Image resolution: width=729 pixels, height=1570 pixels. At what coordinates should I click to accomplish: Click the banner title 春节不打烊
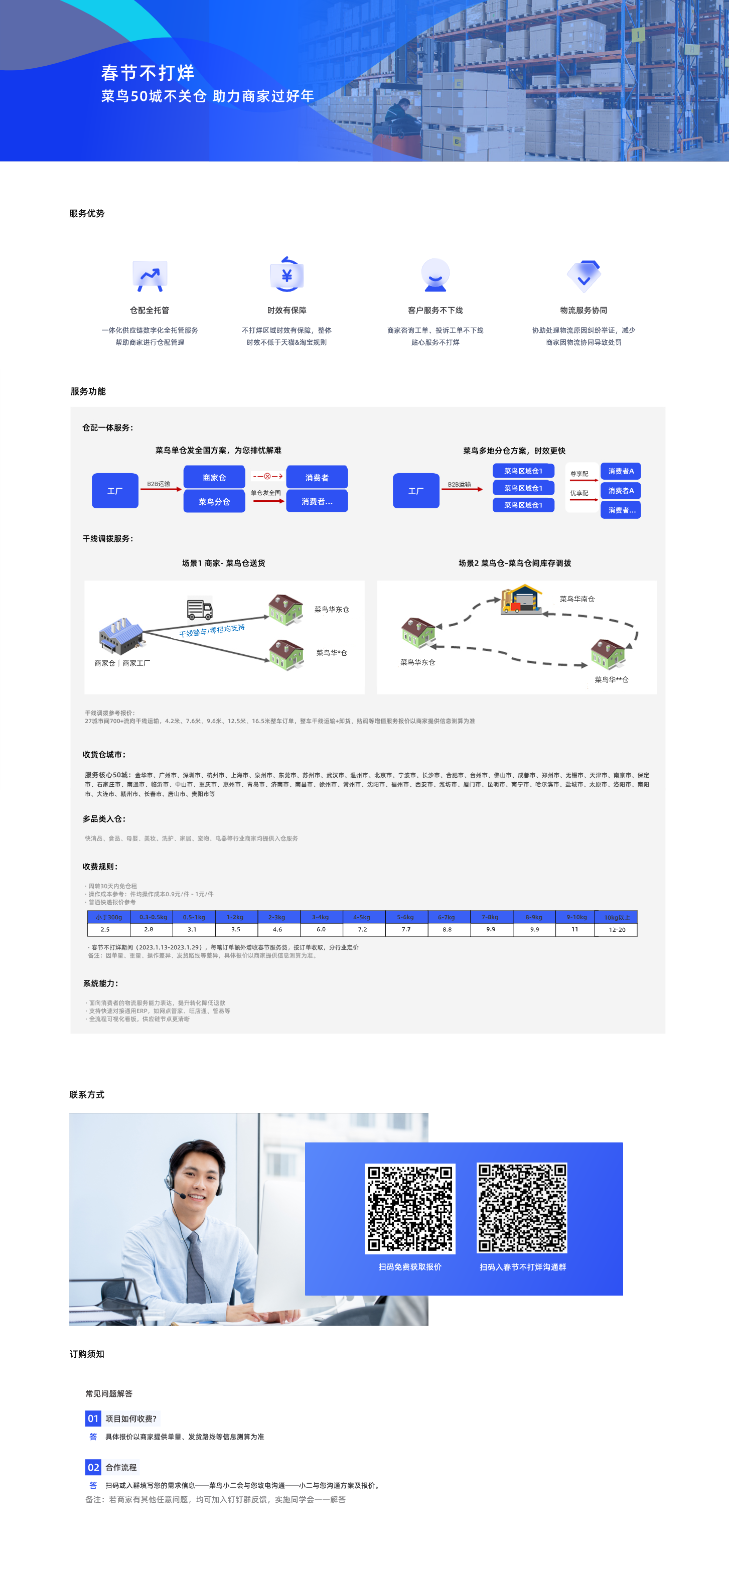[x=148, y=73]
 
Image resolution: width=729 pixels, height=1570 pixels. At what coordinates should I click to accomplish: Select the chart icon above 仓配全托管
[x=150, y=276]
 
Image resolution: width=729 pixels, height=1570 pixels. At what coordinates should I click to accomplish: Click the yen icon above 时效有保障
[x=286, y=275]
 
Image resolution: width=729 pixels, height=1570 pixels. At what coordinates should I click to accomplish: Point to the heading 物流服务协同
[x=584, y=310]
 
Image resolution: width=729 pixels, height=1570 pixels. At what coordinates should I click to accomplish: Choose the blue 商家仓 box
[x=214, y=477]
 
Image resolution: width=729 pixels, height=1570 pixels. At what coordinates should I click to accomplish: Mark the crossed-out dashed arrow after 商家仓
[x=267, y=476]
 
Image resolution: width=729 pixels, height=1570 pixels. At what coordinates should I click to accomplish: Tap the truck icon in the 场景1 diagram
[x=200, y=608]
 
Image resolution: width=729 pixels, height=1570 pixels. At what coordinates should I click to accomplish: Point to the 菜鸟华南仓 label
[x=576, y=599]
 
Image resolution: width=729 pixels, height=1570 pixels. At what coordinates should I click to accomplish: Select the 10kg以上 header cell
[x=616, y=917]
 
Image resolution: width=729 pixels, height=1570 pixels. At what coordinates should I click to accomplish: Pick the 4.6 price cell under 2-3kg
[x=277, y=929]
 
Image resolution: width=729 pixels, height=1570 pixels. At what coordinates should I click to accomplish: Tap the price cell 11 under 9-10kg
[x=574, y=929]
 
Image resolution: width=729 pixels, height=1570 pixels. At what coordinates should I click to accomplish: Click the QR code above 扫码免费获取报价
[x=409, y=1208]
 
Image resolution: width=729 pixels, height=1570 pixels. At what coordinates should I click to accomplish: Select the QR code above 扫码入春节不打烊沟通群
[x=522, y=1207]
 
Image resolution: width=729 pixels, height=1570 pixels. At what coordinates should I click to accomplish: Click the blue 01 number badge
[x=93, y=1418]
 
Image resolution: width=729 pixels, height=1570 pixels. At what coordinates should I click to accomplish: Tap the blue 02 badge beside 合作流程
[x=93, y=1467]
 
